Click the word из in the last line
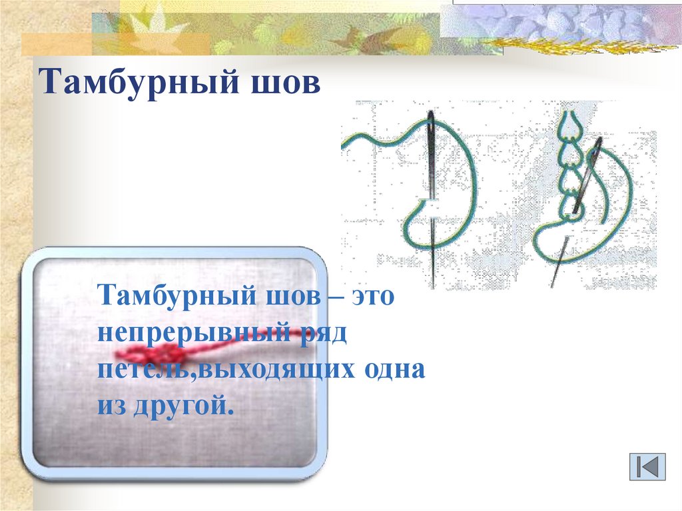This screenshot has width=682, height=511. pyautogui.click(x=111, y=406)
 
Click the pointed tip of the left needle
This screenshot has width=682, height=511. pyautogui.click(x=433, y=288)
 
